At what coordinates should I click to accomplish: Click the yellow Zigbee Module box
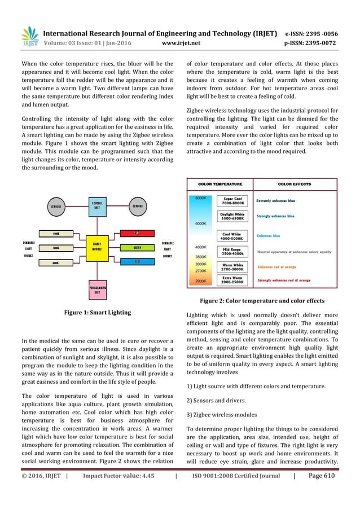(x=97, y=247)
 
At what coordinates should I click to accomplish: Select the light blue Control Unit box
(x=97, y=206)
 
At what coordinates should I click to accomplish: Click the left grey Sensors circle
(x=54, y=206)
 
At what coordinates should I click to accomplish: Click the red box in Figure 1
(x=137, y=233)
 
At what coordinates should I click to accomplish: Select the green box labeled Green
(x=137, y=247)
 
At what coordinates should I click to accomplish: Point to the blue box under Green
(x=137, y=261)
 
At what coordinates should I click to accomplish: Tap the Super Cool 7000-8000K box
(x=232, y=201)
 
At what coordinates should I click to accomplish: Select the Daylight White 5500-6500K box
(x=232, y=217)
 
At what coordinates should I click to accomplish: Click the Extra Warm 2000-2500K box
(x=232, y=280)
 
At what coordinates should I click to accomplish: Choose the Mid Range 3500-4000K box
(x=232, y=251)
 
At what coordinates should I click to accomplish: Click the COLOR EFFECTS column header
(x=294, y=184)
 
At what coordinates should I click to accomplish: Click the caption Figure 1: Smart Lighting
(x=97, y=312)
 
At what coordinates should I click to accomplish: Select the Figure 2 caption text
(x=262, y=301)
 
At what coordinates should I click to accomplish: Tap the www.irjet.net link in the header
(x=179, y=42)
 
